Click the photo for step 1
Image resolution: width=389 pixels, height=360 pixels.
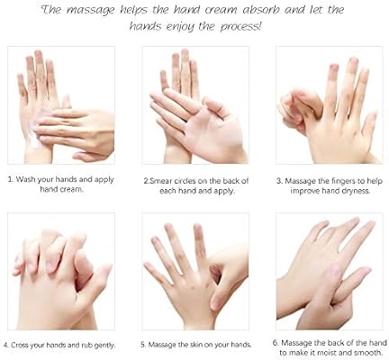click(61, 105)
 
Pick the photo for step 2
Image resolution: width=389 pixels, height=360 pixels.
click(194, 105)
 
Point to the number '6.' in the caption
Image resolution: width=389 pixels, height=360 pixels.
click(275, 343)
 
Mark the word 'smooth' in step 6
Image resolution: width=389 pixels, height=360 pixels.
click(360, 354)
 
